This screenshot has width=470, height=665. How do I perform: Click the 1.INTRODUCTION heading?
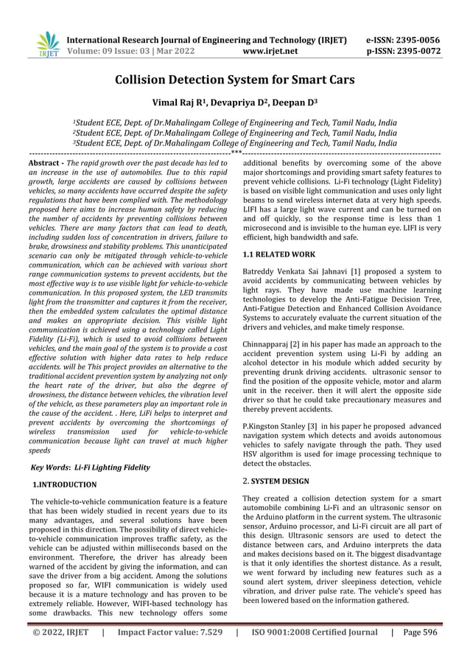(65, 484)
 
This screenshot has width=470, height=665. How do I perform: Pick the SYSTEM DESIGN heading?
(284, 480)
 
